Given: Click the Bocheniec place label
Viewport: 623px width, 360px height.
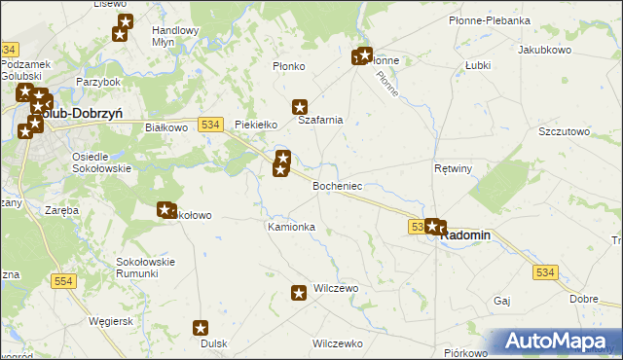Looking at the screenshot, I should click(337, 185).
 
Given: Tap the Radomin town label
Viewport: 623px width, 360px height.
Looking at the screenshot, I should click(467, 234).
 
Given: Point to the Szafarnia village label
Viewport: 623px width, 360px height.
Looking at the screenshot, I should click(320, 121).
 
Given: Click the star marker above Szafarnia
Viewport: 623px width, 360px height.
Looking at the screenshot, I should click(300, 107).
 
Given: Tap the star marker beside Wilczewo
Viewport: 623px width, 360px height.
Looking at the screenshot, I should click(300, 291).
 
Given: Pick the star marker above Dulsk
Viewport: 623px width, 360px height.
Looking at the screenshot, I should click(202, 329).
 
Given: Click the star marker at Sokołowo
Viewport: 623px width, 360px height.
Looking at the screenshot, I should click(165, 208).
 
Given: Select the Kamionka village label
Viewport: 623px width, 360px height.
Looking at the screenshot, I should click(291, 227).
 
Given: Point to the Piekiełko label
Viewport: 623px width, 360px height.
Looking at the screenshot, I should click(257, 125).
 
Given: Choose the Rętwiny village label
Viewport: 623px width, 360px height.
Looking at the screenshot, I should click(453, 168).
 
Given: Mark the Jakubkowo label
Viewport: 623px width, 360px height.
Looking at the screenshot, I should click(544, 49).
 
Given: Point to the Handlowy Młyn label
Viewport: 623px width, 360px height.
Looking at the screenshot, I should click(175, 36).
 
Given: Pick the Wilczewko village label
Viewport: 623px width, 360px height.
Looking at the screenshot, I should click(337, 343).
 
